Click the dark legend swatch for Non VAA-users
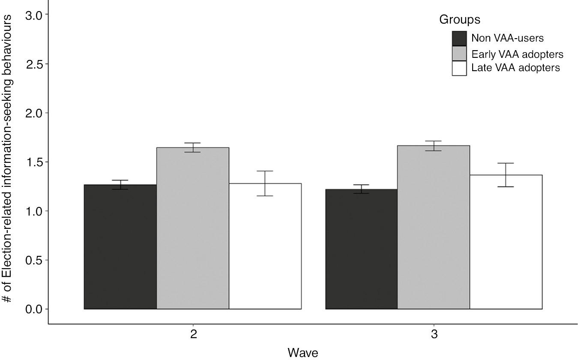459,38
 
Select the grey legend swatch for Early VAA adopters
459,54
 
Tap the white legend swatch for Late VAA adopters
459,68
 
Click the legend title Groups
459,20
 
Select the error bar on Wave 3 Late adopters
506,175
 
